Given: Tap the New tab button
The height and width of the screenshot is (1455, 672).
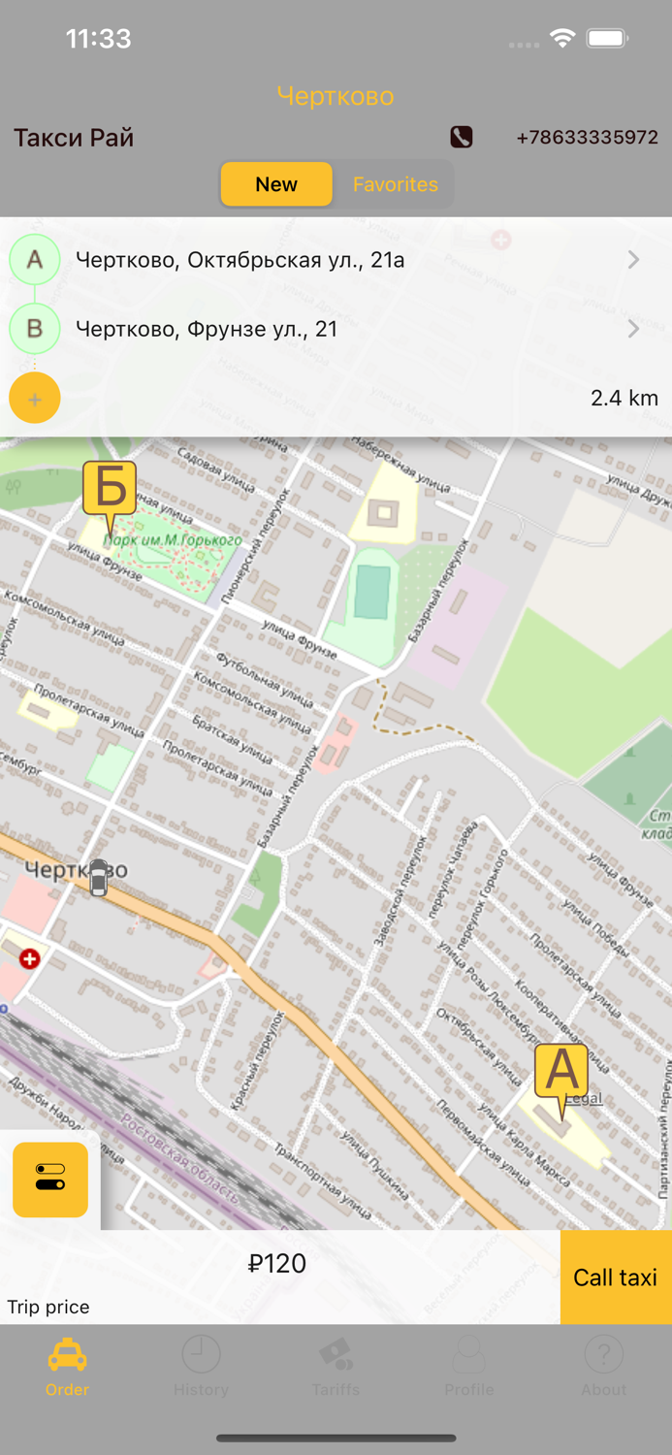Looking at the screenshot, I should tap(276, 184).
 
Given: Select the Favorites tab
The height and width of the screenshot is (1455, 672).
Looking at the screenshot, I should tap(395, 184).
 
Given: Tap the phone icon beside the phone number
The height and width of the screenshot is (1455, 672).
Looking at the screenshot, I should tap(462, 137).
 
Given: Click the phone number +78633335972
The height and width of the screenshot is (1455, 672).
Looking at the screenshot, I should tap(587, 138).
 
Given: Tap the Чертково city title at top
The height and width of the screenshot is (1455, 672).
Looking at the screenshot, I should tap(336, 96).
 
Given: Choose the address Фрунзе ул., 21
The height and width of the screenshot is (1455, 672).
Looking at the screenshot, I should tap(207, 329).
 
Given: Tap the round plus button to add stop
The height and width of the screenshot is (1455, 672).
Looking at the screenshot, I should tap(35, 399).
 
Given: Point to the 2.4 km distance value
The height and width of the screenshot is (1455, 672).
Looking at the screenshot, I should tap(624, 398).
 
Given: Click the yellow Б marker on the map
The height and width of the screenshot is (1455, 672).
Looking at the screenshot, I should tap(110, 488).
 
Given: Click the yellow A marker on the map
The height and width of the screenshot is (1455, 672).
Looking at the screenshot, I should tap(561, 1073).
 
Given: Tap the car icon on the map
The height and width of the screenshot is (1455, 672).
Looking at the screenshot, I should tap(99, 877).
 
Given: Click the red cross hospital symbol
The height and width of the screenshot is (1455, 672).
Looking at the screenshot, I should tap(30, 958).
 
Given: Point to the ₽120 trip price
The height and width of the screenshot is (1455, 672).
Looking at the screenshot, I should tap(277, 1263).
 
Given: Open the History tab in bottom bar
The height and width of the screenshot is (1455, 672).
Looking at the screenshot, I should tap(201, 1366).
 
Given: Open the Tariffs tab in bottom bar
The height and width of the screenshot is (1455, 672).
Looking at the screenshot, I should tap(336, 1366).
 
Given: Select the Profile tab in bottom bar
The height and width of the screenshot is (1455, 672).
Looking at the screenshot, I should tap(469, 1366).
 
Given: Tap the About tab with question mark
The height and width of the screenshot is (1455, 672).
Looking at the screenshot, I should tap(603, 1366).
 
